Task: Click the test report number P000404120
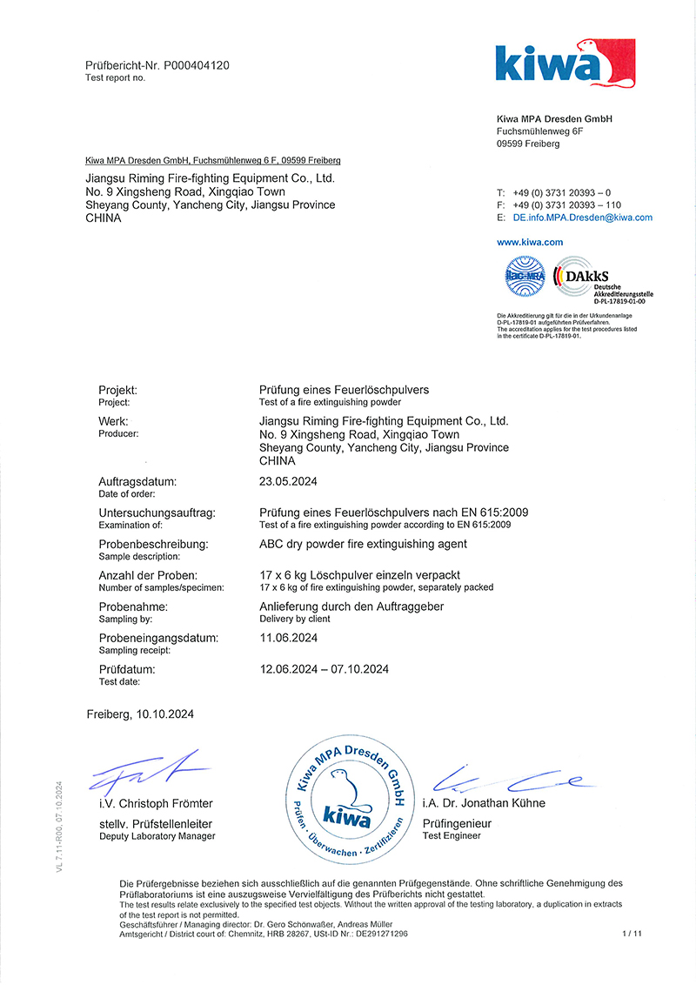196,65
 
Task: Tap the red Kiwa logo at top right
565,64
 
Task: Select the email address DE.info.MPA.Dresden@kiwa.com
582,218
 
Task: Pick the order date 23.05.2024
287,481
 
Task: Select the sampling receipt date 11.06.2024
288,638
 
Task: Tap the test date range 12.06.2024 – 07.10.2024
324,669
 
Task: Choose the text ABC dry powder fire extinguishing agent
363,544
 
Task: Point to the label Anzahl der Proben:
148,575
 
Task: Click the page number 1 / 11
631,933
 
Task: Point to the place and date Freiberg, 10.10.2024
140,714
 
